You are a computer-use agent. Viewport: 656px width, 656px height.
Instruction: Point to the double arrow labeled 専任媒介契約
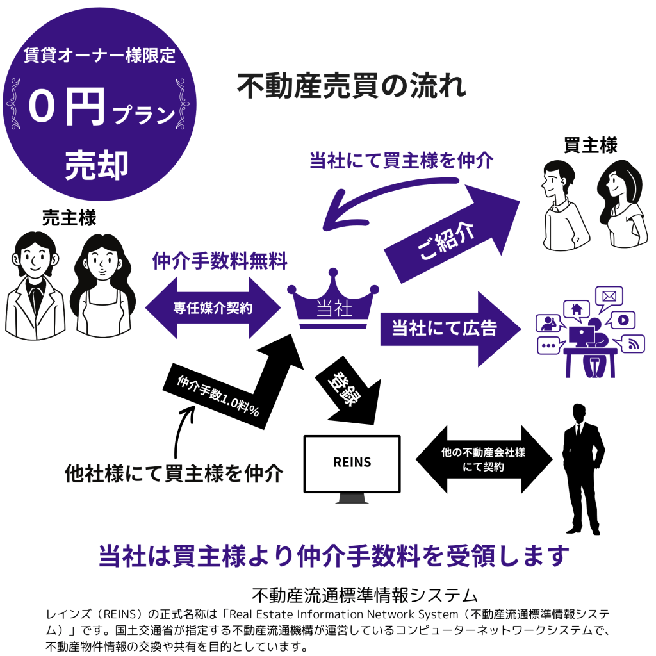pyautogui.click(x=213, y=309)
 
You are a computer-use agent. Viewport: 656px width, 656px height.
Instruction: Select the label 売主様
pyautogui.click(x=69, y=218)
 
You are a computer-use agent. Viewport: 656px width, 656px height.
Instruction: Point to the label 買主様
pyautogui.click(x=590, y=145)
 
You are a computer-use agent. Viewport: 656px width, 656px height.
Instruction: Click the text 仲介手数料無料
pyautogui.click(x=220, y=261)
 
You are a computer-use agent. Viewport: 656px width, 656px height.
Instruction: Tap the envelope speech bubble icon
pyautogui.click(x=609, y=296)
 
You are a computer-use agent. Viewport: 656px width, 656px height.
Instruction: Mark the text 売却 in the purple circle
pyautogui.click(x=97, y=165)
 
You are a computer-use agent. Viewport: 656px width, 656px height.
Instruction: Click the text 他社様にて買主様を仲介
pyautogui.click(x=174, y=474)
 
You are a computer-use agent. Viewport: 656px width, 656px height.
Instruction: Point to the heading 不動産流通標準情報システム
pyautogui.click(x=366, y=594)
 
